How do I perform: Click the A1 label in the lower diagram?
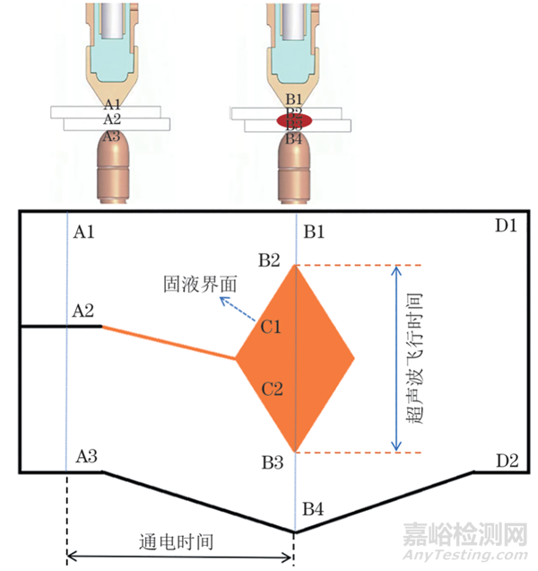pyautogui.click(x=83, y=233)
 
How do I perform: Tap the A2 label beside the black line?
pyautogui.click(x=83, y=311)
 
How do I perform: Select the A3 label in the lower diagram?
pyautogui.click(x=87, y=457)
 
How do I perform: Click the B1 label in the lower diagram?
pyautogui.click(x=314, y=233)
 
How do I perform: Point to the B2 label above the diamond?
pyautogui.click(x=270, y=261)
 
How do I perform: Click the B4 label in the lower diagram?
pyautogui.click(x=314, y=509)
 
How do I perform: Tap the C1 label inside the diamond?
pyautogui.click(x=272, y=327)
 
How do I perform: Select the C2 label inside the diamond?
pyautogui.click(x=272, y=389)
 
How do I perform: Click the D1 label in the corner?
pyautogui.click(x=506, y=225)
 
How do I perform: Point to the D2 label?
pyautogui.click(x=507, y=461)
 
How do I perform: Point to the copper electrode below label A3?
pyautogui.click(x=110, y=166)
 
